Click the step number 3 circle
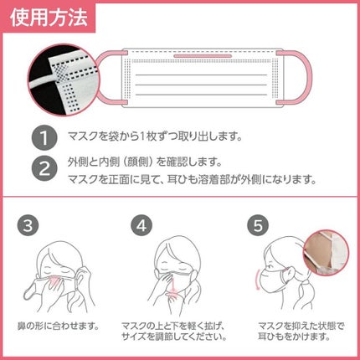28,225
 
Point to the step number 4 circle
141,225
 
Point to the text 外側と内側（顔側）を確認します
134,158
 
